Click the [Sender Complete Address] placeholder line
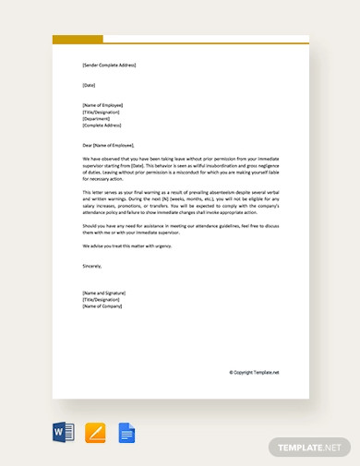point(109,66)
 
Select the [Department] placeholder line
point(98,118)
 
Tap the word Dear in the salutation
point(88,145)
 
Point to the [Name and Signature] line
point(105,293)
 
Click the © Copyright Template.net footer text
point(254,373)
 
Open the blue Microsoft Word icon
point(64,433)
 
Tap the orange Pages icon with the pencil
point(95,433)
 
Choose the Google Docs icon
point(126,433)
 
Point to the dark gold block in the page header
point(78,40)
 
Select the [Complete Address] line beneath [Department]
point(104,125)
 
